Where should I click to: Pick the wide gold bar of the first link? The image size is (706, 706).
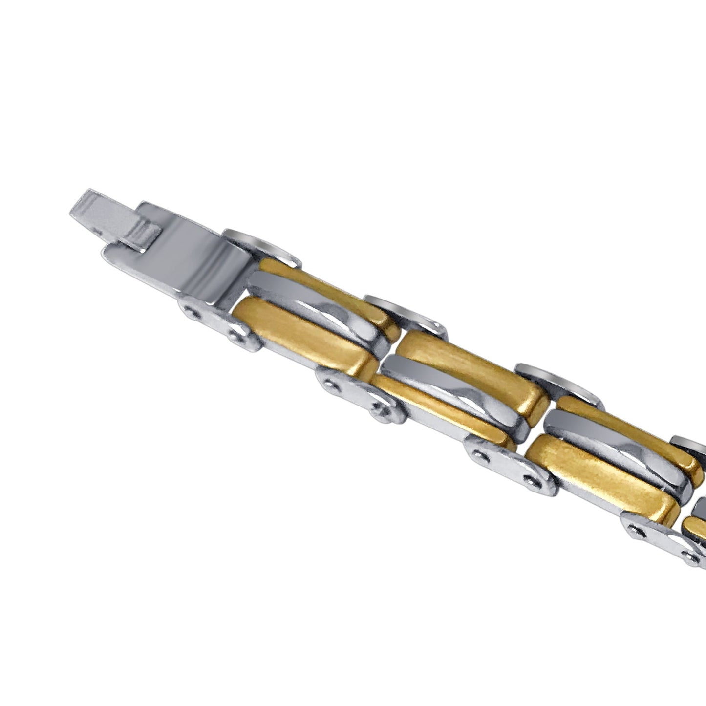(303, 337)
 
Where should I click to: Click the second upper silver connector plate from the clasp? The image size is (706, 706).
(406, 313)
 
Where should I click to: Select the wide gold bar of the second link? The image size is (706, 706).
(469, 371)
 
